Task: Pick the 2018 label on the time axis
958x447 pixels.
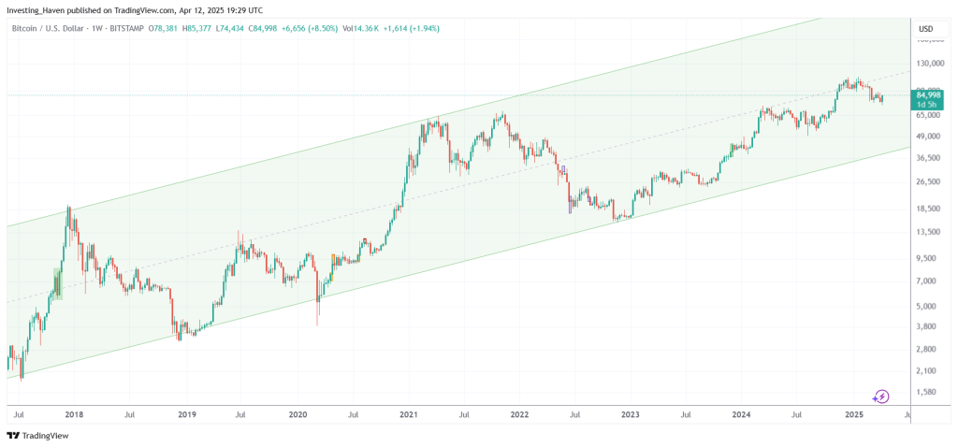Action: [x=75, y=413]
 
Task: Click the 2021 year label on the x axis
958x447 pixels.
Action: [x=408, y=413]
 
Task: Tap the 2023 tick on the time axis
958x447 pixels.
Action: [x=630, y=413]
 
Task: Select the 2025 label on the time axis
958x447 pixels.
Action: [x=852, y=413]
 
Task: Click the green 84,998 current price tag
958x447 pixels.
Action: [x=928, y=95]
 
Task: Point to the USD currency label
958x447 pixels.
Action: [x=925, y=28]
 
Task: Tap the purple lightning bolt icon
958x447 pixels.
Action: [x=880, y=397]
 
